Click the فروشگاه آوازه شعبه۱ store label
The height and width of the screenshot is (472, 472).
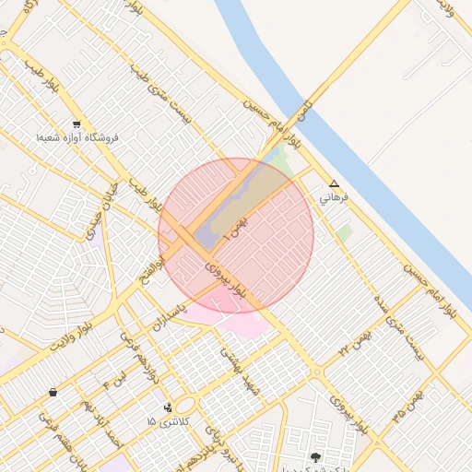(x=77, y=137)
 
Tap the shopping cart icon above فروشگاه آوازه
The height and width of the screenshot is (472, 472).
(x=76, y=124)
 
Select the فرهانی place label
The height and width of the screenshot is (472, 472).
(x=334, y=197)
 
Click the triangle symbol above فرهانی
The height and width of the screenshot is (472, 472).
(x=334, y=183)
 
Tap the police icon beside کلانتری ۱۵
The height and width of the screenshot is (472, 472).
(x=167, y=407)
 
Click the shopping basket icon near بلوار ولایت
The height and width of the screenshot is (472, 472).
(x=53, y=392)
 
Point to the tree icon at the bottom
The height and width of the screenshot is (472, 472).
(x=315, y=457)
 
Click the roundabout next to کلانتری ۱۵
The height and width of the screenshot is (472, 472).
(x=185, y=405)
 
